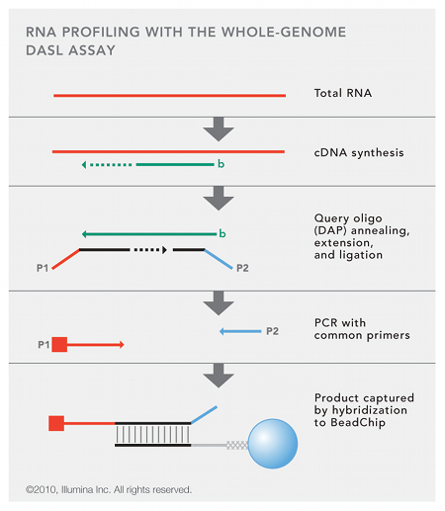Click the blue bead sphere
(x=273, y=444)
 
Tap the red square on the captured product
(x=56, y=423)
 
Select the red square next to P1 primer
(x=59, y=345)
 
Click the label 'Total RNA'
(x=343, y=93)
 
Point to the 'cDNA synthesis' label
(x=359, y=152)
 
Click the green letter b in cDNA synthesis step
(x=221, y=164)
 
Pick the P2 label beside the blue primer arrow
(x=272, y=331)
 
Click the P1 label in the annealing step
(x=43, y=268)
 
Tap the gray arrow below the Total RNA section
(x=219, y=128)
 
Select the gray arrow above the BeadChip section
(x=219, y=376)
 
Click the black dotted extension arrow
(x=150, y=250)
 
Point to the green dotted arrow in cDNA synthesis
(x=107, y=164)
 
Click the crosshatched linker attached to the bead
(x=237, y=445)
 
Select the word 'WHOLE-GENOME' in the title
(x=284, y=32)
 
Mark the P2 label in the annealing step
(x=242, y=268)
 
